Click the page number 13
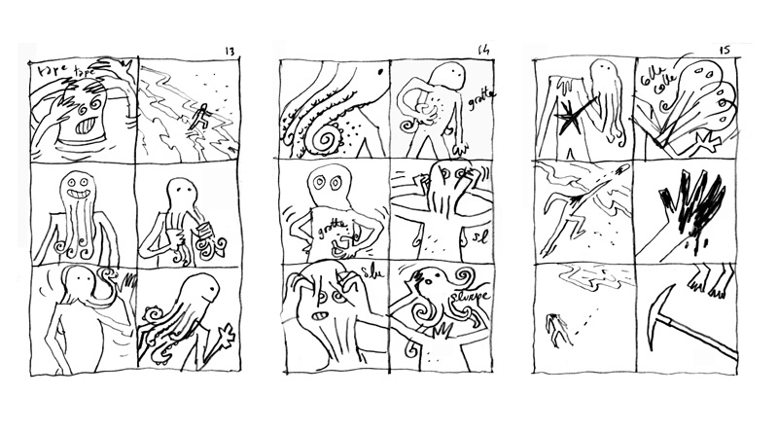tap(230, 52)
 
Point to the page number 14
tap(484, 52)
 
